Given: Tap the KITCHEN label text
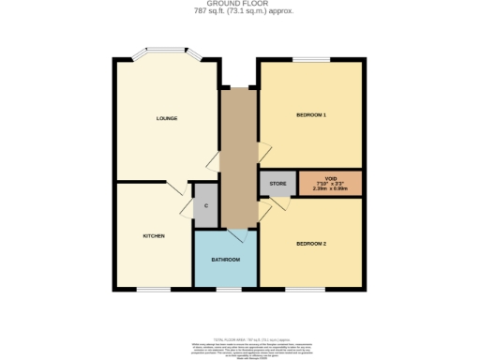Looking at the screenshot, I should [x=154, y=235].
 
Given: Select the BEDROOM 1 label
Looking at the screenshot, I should [x=311, y=114].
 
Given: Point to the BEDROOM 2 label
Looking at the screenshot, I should [x=311, y=243].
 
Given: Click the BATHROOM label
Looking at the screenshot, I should [x=225, y=259].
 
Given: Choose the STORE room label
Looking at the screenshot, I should [x=277, y=183].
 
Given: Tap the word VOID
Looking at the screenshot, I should [x=330, y=177].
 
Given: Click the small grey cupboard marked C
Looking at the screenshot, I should [x=205, y=205].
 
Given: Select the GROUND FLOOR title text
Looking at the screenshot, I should [x=239, y=5].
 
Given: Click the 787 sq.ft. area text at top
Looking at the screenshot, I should [x=239, y=12].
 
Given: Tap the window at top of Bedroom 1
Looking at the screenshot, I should [x=308, y=61].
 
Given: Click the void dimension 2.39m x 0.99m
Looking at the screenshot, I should [x=330, y=188].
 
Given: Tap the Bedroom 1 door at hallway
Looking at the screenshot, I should [x=263, y=150].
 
